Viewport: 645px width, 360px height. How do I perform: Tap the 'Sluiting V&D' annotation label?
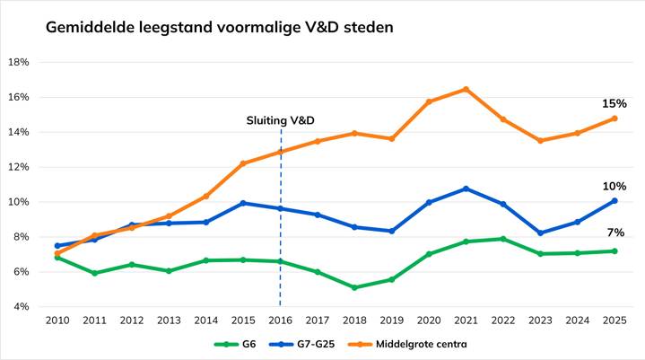coord(281,120)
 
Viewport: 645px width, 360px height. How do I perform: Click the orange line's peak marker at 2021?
coord(466,89)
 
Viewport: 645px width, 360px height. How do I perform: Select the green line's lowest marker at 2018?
coord(354,287)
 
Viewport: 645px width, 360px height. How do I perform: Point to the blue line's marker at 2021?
coord(466,189)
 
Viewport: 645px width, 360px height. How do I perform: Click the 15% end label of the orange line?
coord(614,104)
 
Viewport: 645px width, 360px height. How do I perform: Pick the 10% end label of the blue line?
coord(614,186)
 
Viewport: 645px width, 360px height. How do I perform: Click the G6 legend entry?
coord(235,344)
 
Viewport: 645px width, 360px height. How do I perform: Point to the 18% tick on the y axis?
coord(18,63)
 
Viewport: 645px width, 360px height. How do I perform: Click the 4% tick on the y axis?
coord(21,307)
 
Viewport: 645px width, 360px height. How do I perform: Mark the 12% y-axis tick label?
coord(18,167)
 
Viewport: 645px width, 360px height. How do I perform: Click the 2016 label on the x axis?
coord(281,320)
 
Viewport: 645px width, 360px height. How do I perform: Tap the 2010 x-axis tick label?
coord(57,320)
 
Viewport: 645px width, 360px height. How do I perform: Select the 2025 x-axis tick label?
coord(614,320)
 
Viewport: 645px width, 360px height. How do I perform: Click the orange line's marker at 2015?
coord(243,163)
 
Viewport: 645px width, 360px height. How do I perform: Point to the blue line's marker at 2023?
coord(540,233)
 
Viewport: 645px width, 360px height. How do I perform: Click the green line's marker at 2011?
coord(95,273)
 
